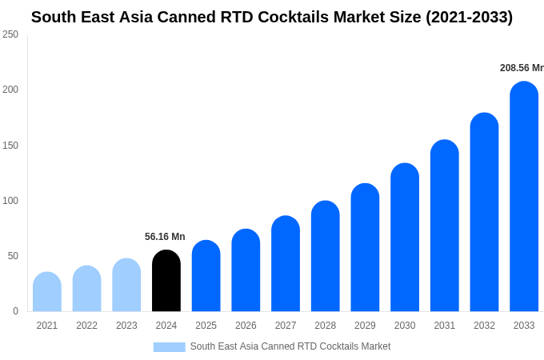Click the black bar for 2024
[166, 281]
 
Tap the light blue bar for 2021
[47, 292]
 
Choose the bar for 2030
[405, 238]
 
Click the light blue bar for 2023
[126, 285]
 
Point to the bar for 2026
[246, 270]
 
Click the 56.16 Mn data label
[165, 237]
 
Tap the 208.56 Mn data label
[521, 68]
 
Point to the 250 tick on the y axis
[10, 34]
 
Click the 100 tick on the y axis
[10, 201]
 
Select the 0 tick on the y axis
[15, 311]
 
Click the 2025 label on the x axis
[206, 326]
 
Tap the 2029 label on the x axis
[365, 326]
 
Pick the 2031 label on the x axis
[444, 326]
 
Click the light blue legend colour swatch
[169, 347]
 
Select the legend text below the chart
[290, 346]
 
